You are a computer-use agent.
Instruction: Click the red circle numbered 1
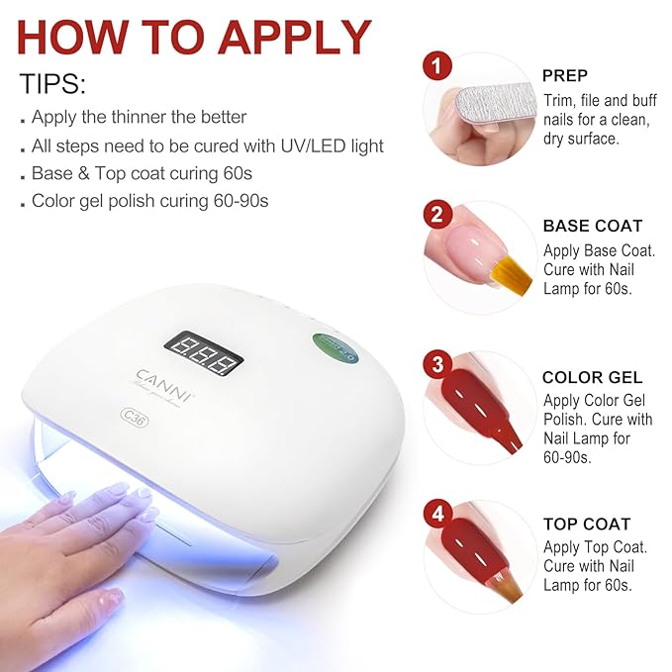tap(436, 66)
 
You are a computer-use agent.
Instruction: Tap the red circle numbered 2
tap(437, 214)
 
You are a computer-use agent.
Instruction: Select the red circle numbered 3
tap(437, 364)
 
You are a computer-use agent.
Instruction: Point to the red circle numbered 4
tap(437, 513)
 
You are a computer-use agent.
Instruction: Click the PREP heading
tap(565, 76)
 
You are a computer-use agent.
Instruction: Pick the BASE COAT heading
tap(593, 226)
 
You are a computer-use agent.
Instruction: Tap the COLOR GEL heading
tap(592, 377)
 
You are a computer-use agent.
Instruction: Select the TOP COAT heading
tap(587, 525)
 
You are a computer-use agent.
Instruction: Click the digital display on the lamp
tap(205, 353)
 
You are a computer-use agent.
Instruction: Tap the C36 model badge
tap(135, 418)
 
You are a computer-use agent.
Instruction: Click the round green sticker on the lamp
tap(335, 347)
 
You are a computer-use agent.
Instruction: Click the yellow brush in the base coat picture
tap(512, 274)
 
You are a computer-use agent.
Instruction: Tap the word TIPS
tap(52, 83)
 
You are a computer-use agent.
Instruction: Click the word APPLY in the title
tap(295, 38)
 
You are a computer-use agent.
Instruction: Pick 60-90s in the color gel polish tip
tap(240, 201)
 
